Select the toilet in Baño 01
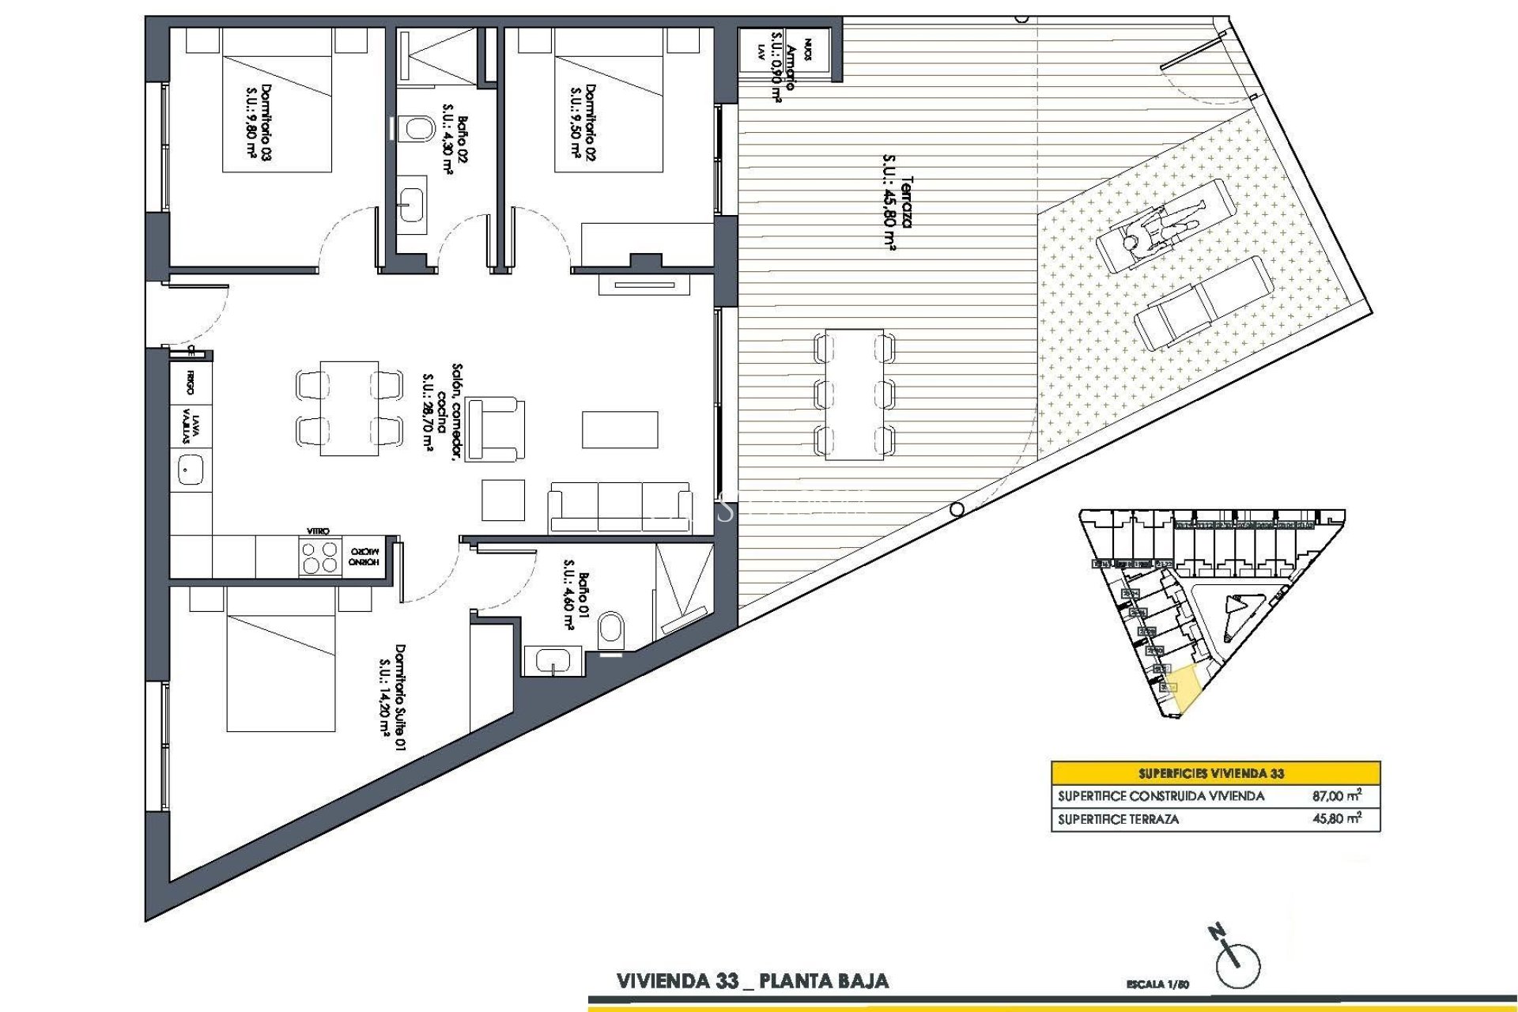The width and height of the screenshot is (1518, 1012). click(611, 630)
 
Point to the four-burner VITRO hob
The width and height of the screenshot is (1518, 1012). click(319, 557)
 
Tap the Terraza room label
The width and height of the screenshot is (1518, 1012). click(897, 212)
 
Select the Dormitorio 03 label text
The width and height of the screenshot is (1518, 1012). click(259, 123)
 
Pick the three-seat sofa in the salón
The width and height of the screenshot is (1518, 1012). click(620, 507)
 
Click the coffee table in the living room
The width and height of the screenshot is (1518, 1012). click(620, 429)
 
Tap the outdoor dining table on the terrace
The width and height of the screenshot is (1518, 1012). click(854, 394)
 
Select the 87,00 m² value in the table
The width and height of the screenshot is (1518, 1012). click(1336, 796)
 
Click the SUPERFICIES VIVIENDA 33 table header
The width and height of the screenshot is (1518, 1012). click(1215, 773)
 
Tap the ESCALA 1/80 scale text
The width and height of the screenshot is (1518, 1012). click(1157, 984)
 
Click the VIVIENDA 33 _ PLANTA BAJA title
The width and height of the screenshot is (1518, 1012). click(752, 981)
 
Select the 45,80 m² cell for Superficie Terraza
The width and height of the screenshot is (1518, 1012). click(1336, 819)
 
